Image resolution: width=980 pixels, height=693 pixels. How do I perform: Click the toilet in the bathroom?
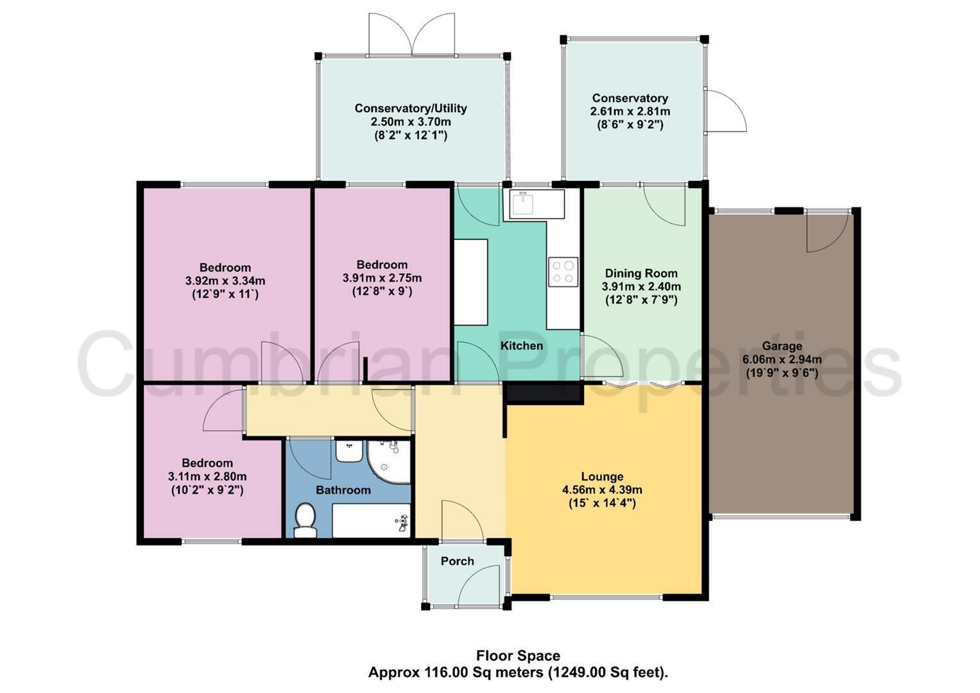point(305,520)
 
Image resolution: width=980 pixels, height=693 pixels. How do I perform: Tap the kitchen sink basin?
point(523,203)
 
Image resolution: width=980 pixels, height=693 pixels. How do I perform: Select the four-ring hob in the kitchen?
point(563,272)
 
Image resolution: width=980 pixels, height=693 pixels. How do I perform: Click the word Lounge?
point(602,477)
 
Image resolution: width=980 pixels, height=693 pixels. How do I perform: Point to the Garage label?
point(782,346)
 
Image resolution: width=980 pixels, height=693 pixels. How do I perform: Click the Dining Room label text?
point(641,273)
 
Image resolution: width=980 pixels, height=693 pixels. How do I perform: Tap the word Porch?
point(457,561)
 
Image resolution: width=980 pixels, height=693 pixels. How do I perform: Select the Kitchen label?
point(522,346)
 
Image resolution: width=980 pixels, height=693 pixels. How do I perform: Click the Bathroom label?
point(343,490)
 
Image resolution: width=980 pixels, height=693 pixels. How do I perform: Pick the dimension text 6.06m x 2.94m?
point(782,359)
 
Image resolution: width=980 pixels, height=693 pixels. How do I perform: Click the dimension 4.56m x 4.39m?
point(602,490)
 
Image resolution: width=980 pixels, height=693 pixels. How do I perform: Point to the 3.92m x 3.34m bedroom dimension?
point(225,281)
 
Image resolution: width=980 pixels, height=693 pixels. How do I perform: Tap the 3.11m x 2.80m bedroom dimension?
point(207,476)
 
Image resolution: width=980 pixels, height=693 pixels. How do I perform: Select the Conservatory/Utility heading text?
point(410,108)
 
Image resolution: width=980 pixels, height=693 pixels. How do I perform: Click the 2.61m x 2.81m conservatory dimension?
point(630,112)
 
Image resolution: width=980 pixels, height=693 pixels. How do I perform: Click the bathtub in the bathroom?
point(372,520)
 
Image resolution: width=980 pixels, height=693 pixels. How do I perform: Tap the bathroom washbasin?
point(348,450)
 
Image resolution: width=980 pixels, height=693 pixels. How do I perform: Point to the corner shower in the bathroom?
point(388,461)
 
